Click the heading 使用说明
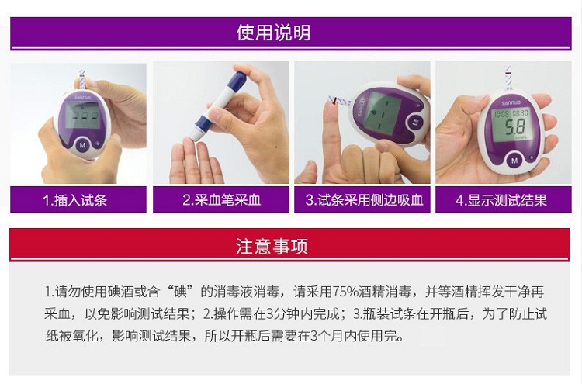point(273,33)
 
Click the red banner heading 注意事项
point(272,247)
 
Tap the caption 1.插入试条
point(75,200)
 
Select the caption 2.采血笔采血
point(221,200)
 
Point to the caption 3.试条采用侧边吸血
point(364,200)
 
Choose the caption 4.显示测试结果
point(501,200)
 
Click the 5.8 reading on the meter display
point(514,127)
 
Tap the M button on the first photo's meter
point(82,145)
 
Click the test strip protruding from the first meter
point(82,79)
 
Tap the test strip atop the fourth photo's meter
point(508,77)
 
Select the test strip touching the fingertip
point(339,101)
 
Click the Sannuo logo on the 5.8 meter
point(511,102)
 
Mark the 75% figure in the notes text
point(346,292)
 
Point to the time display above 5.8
point(511,113)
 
